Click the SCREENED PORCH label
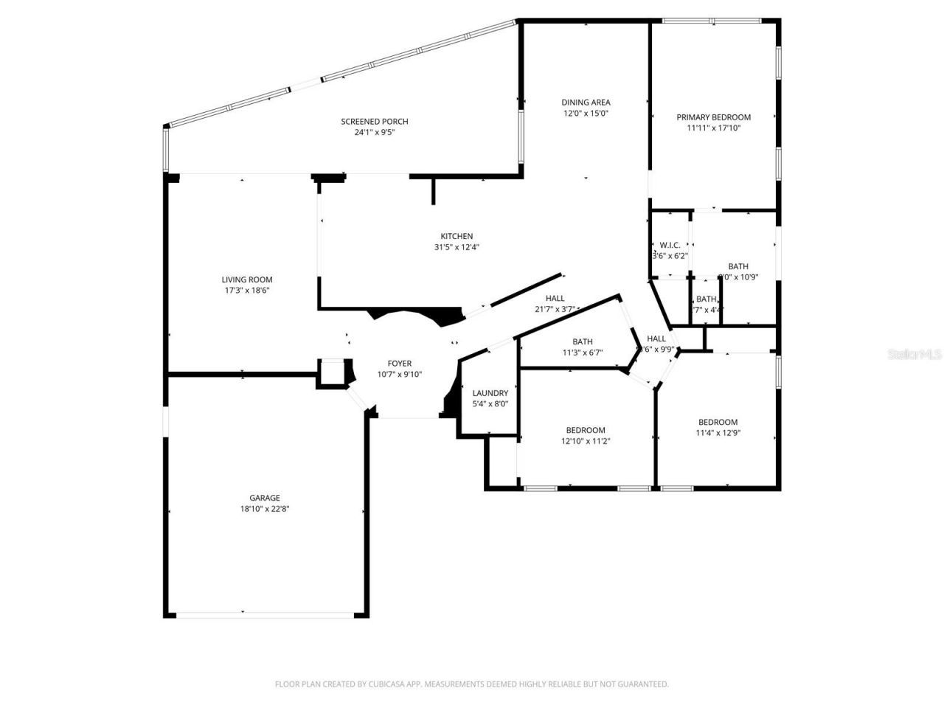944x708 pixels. tap(374, 122)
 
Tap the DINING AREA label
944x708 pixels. tap(586, 103)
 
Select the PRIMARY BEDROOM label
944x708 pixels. tap(713, 117)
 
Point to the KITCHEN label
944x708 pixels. tap(457, 237)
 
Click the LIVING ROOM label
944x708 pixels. tap(247, 280)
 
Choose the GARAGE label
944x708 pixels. tap(264, 498)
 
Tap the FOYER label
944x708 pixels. tap(400, 364)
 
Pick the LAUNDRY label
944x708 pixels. tap(490, 393)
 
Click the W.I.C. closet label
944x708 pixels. tap(670, 245)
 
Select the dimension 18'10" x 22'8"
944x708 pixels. tap(264, 509)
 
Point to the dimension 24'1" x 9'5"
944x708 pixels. tap(374, 133)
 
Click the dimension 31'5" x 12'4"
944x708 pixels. tap(457, 248)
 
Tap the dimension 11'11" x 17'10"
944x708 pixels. tap(713, 128)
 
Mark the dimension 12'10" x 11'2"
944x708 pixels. tap(586, 441)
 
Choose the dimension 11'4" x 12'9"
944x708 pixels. tap(718, 434)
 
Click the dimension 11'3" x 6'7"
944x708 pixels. tap(582, 353)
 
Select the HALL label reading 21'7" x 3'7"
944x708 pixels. tap(555, 299)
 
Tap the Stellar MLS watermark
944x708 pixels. tap(914, 355)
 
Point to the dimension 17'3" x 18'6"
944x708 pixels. tap(247, 291)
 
